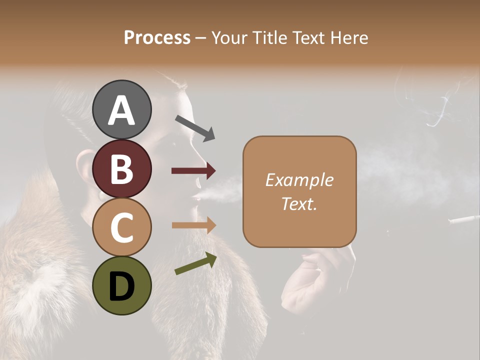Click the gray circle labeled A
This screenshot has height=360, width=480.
click(122, 110)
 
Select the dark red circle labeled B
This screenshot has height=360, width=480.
click(122, 168)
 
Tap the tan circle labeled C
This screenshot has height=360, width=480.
click(122, 227)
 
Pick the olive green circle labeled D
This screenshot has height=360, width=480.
click(122, 286)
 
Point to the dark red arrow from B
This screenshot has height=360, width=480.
click(193, 171)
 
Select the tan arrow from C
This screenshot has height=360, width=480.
click(193, 225)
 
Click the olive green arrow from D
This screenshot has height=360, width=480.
click(195, 263)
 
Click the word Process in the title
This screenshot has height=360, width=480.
click(157, 37)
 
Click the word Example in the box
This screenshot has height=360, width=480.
click(299, 180)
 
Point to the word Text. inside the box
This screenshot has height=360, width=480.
click(299, 203)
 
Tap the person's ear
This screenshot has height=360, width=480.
click(86, 170)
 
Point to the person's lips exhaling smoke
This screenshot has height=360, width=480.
click(195, 198)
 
